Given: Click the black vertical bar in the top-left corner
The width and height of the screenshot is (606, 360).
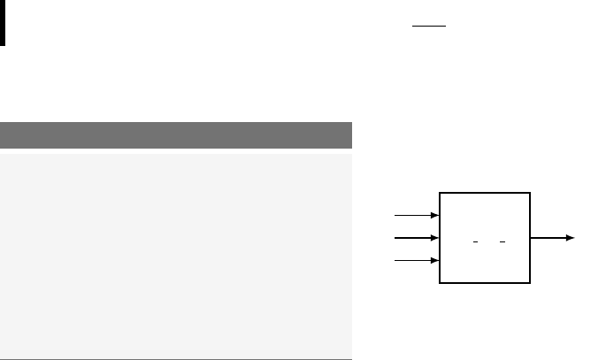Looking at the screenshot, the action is [3, 22].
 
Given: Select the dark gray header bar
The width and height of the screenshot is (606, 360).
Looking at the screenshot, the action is [176, 135].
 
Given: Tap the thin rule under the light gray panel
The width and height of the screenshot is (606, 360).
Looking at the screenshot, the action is [176, 358].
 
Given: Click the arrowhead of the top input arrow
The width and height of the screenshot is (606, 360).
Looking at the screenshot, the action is [435, 215].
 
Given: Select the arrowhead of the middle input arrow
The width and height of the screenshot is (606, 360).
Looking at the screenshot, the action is [435, 238].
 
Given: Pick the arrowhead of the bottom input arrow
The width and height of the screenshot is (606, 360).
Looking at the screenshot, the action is [435, 261].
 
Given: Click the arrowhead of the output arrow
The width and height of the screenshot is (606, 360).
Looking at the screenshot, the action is [571, 238].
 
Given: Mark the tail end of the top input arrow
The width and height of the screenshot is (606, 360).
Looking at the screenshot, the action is [395, 215].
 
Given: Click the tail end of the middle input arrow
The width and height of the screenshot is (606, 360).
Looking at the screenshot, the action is [395, 238].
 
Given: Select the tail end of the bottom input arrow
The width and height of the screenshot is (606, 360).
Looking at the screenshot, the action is [395, 261].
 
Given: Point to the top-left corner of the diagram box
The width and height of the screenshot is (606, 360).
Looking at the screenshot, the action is [440, 192].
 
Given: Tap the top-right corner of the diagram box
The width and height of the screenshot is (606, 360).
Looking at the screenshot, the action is [531, 192].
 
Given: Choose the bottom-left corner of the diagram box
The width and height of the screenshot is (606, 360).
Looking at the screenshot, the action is [440, 283].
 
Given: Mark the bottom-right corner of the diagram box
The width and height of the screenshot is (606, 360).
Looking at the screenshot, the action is [531, 283].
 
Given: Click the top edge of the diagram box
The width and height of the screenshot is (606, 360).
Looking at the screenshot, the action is [485, 192].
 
